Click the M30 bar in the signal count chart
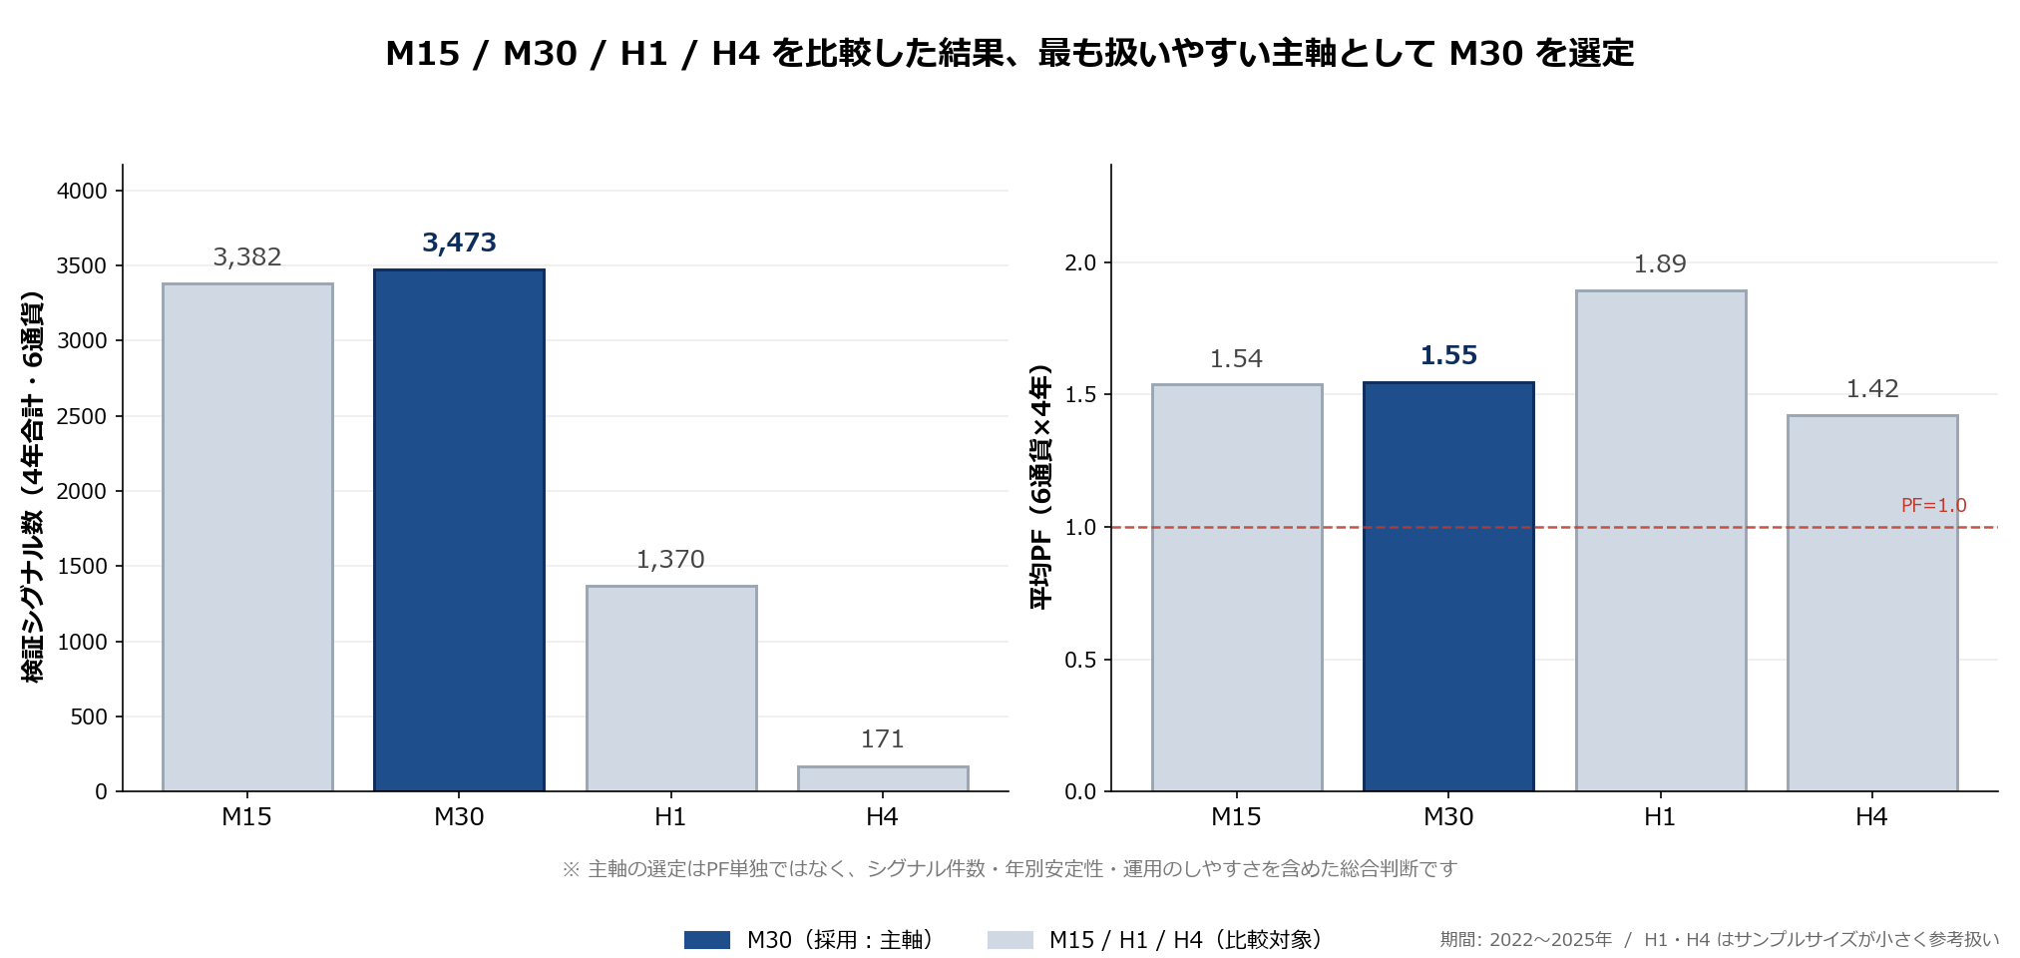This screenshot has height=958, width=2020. (x=459, y=530)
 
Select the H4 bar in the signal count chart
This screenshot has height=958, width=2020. (x=883, y=778)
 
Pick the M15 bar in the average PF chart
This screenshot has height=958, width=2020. (x=1237, y=588)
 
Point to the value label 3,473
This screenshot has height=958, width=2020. (x=459, y=242)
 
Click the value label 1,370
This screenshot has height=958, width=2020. (x=670, y=560)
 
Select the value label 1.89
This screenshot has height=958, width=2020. (x=1660, y=264)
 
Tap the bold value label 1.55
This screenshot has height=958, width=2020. (x=1448, y=355)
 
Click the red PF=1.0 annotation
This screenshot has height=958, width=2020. (x=1933, y=506)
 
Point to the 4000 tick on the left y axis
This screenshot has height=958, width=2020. (x=82, y=191)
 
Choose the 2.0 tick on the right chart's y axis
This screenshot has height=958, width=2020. (x=1080, y=263)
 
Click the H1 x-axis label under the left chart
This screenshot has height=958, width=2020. (x=670, y=817)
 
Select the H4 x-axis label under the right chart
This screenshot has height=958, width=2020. (x=1871, y=817)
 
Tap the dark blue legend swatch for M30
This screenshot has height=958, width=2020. (x=707, y=940)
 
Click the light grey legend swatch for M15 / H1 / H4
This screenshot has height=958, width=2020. (x=1010, y=940)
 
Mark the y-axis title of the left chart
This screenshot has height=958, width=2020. (x=33, y=487)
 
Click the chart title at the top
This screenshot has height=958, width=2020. (x=1010, y=53)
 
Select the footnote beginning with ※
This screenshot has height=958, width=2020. (x=1010, y=869)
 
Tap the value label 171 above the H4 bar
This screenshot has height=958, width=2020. (x=883, y=739)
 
